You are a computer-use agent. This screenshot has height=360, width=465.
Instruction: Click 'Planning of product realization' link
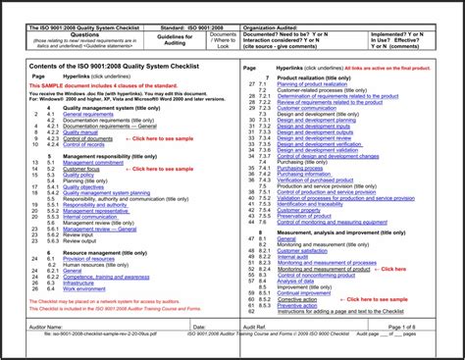pos(312,84)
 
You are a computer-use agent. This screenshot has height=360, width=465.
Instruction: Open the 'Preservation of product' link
pos(310,216)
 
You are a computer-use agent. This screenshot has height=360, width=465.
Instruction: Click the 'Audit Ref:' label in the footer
pos(254,326)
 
